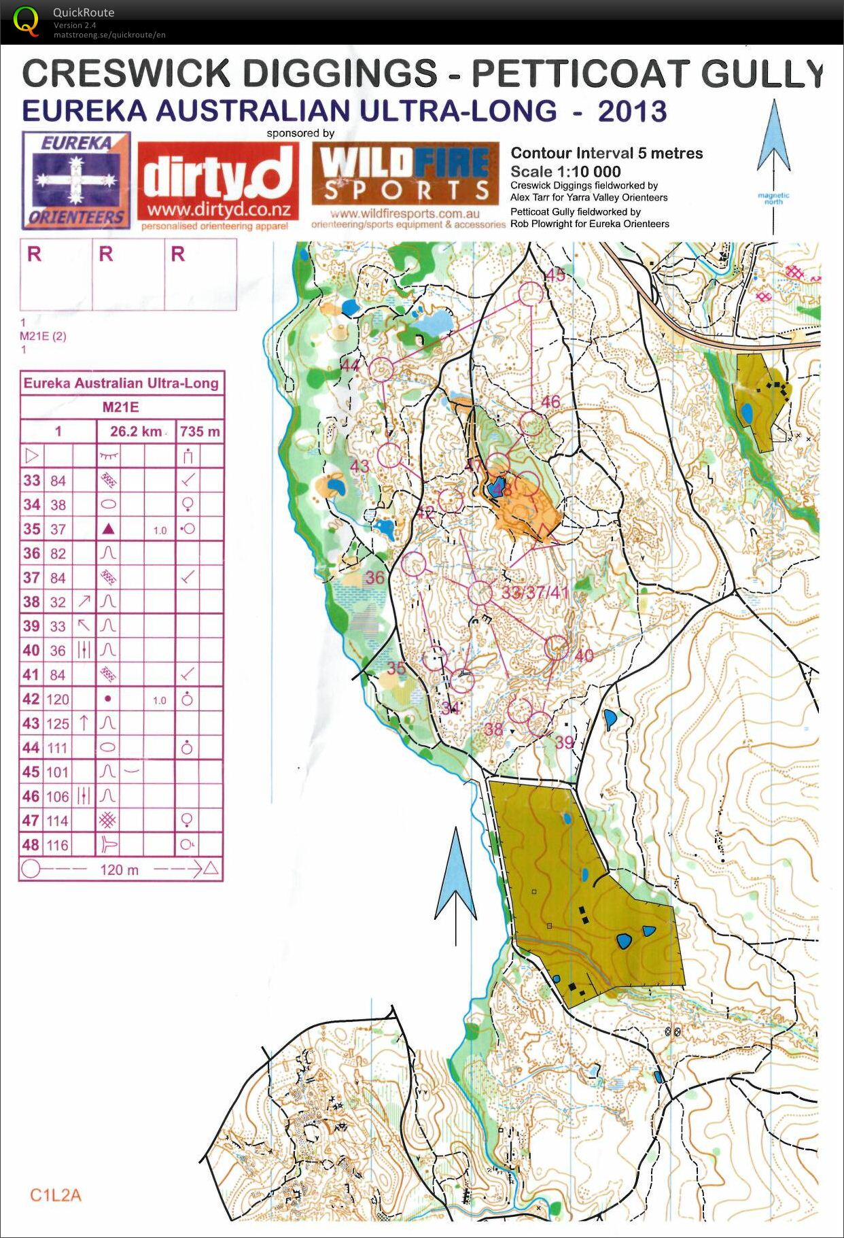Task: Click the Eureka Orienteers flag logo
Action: (x=76, y=180)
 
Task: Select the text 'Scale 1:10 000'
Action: (x=565, y=171)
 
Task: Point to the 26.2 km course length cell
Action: (x=136, y=431)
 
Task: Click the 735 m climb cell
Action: (x=200, y=431)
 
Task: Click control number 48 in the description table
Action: (x=31, y=845)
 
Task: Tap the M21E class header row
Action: (x=121, y=407)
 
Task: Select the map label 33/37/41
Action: (x=535, y=593)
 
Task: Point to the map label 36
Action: (x=375, y=578)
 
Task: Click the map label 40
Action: (x=584, y=655)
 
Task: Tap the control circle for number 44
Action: (x=382, y=368)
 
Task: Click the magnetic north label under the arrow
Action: (x=773, y=199)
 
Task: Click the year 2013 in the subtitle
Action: (x=632, y=111)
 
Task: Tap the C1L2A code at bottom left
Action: (x=56, y=1195)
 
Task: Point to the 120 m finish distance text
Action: (x=119, y=870)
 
